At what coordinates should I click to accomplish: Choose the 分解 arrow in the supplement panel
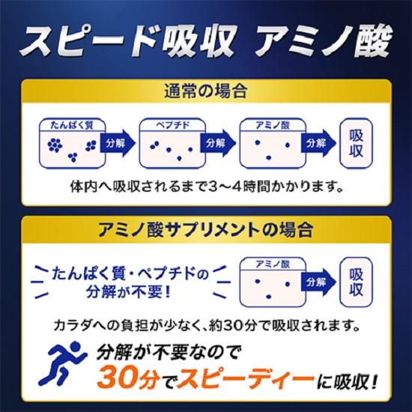[x=317, y=282]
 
